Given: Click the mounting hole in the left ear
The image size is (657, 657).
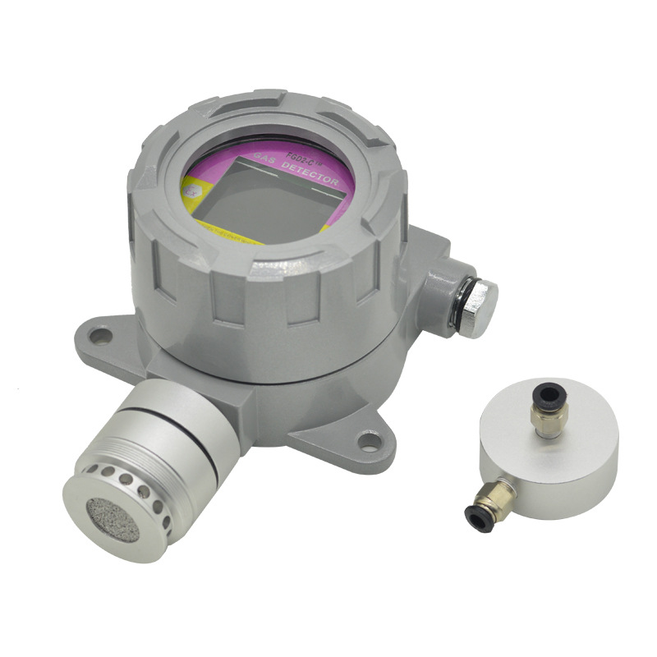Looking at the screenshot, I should pos(100,335).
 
